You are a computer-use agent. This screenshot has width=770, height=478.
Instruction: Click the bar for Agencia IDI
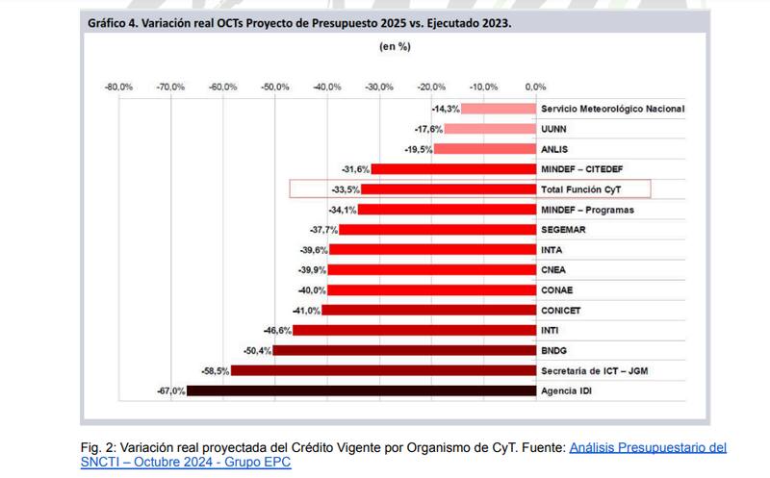[360, 390]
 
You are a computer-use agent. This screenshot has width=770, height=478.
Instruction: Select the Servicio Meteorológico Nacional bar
[498, 109]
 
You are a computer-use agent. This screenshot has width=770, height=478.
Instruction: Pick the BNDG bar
[403, 350]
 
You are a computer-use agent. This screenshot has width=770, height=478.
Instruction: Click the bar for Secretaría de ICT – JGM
[382, 370]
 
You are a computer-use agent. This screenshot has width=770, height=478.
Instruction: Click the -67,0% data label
[170, 390]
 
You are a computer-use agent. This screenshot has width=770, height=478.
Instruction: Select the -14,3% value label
[446, 109]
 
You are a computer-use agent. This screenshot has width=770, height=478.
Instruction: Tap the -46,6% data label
[277, 330]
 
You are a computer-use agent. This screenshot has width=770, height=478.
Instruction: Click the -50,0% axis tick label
[275, 87]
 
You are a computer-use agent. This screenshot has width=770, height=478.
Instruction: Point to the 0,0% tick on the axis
[535, 87]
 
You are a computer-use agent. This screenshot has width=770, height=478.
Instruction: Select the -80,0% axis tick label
[118, 87]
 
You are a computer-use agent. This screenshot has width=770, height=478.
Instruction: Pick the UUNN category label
[555, 129]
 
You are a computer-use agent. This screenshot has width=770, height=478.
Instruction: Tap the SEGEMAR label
[563, 230]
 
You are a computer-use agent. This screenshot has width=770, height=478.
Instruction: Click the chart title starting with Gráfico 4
[299, 19]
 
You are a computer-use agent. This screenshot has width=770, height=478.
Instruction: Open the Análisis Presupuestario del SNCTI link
[647, 447]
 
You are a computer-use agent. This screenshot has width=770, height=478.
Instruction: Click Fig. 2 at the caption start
[96, 447]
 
